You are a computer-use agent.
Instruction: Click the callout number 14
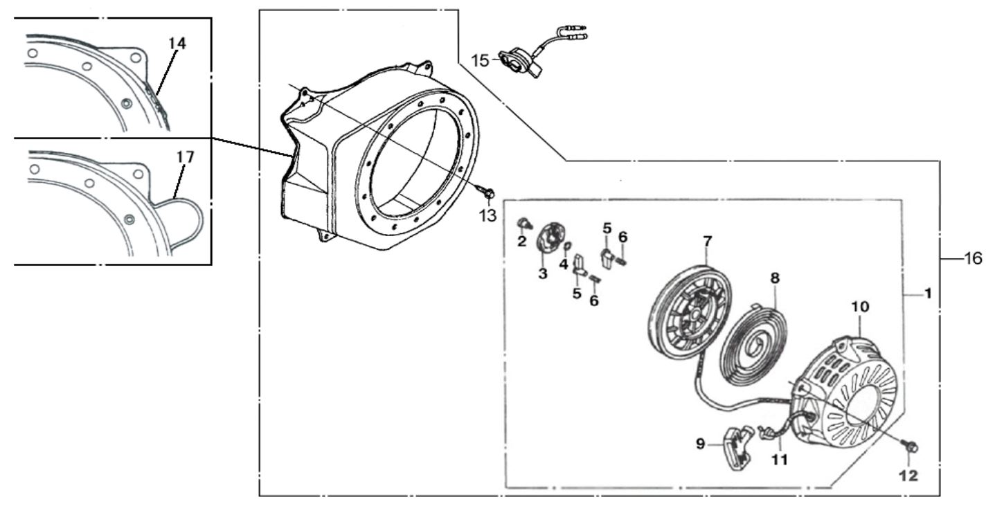[x=177, y=44]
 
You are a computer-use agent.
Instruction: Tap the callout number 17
[x=185, y=157]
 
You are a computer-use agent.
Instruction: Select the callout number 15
[x=480, y=60]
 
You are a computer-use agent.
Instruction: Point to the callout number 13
[x=487, y=216]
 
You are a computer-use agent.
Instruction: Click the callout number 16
[x=973, y=258]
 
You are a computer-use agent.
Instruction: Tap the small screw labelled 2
[x=523, y=222]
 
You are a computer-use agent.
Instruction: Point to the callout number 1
[x=927, y=294]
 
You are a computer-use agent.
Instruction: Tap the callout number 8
[x=775, y=278]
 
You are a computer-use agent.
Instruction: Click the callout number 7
[x=707, y=242]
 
